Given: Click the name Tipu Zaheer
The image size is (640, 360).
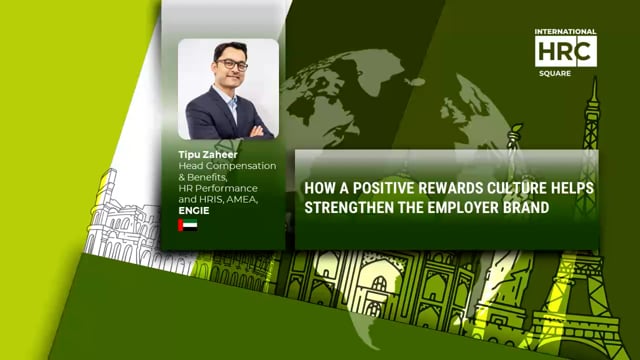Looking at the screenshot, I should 204,155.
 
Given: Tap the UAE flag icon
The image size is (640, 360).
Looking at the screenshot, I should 187,225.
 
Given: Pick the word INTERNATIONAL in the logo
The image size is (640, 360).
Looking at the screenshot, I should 566,32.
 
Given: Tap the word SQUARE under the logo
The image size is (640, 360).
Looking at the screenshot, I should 566,72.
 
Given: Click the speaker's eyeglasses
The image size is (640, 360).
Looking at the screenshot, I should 230,65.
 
